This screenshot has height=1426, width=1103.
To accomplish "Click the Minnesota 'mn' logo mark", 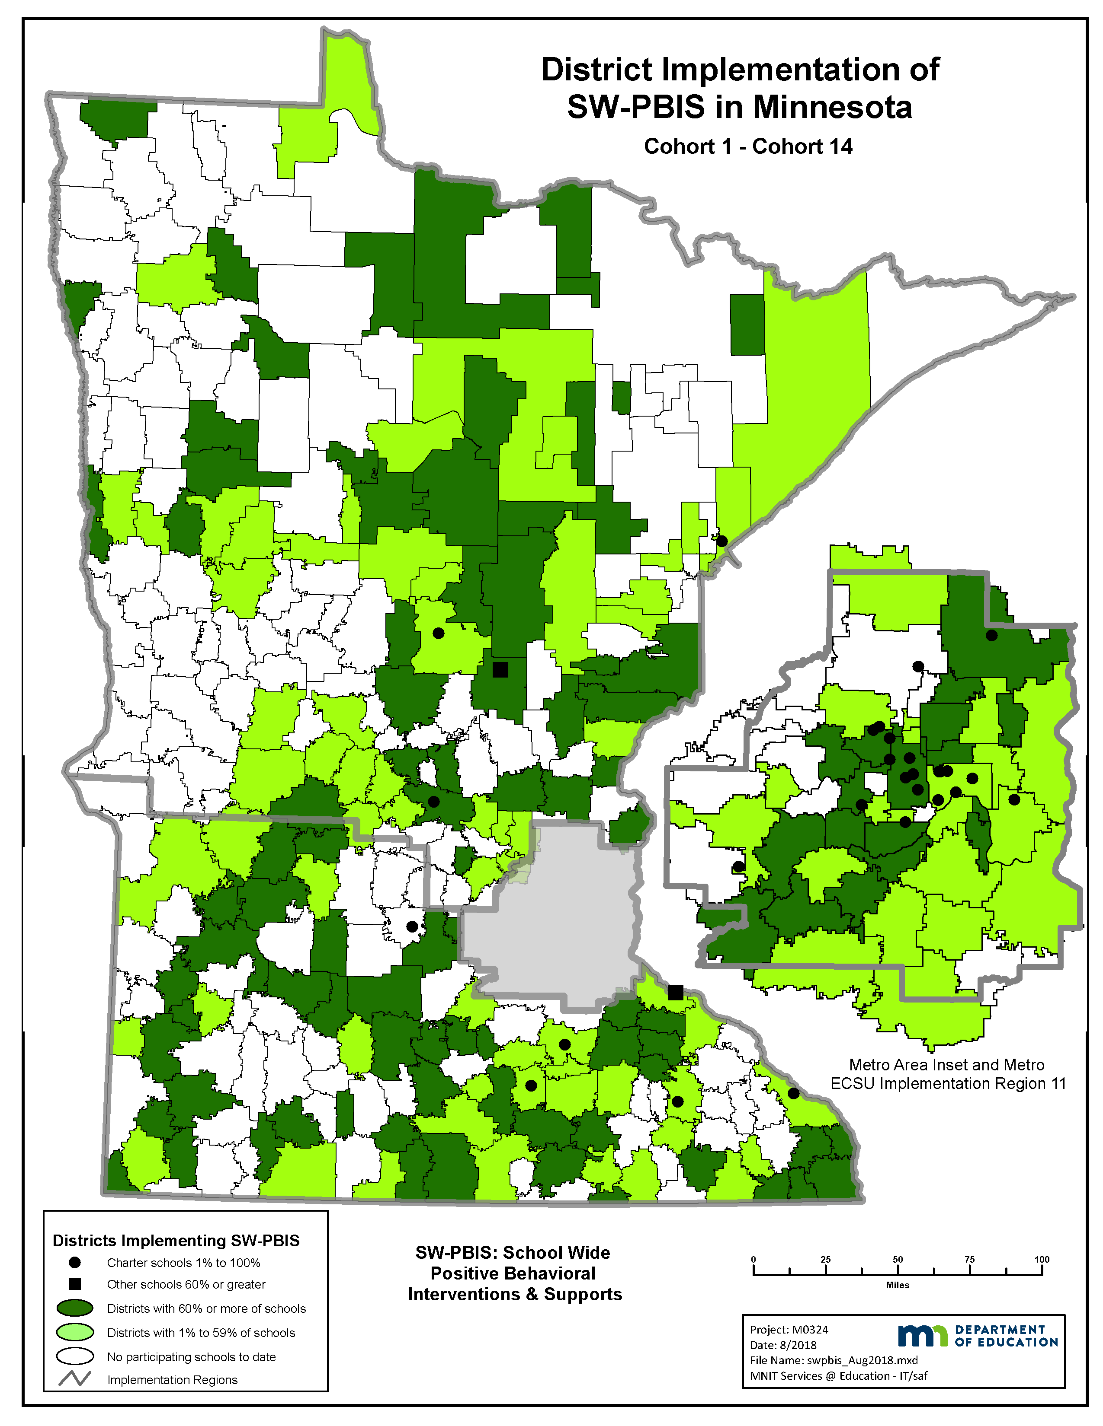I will [x=922, y=1335].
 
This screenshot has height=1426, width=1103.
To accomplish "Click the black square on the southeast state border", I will [x=675, y=993].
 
